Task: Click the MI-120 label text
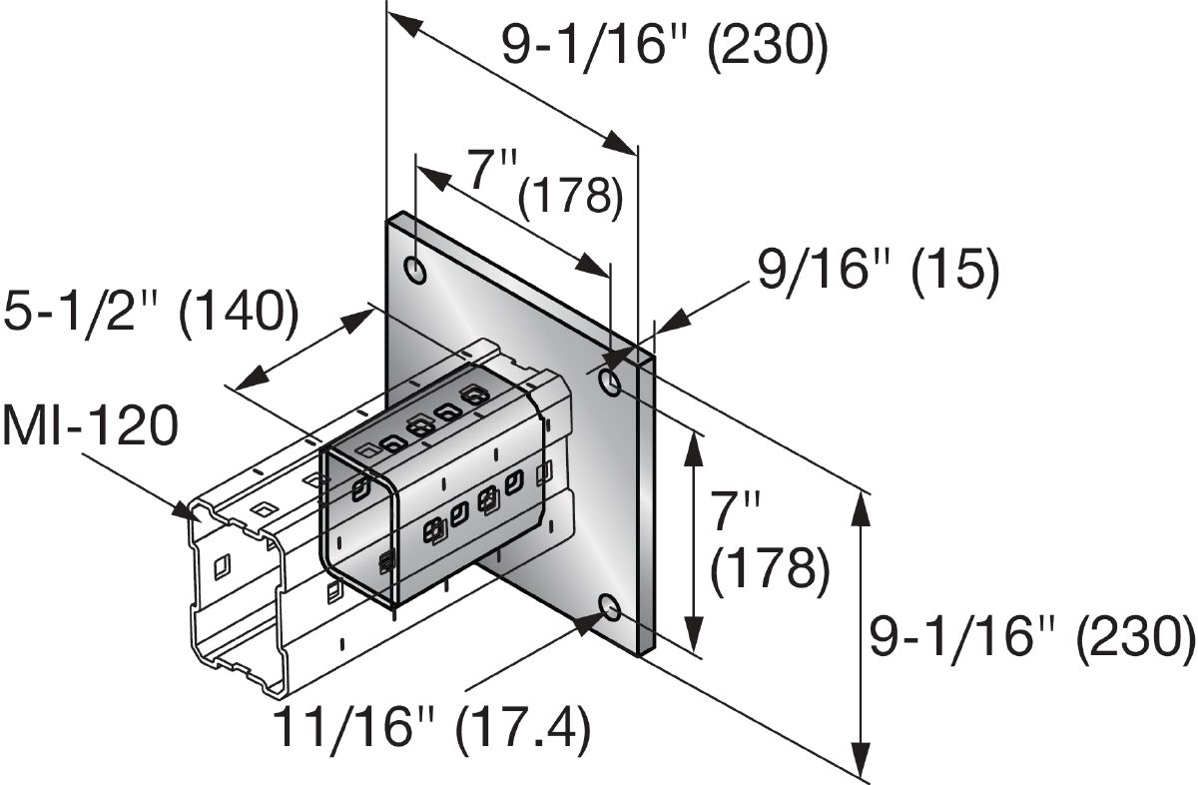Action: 90,427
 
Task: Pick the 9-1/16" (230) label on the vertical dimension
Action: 1031,637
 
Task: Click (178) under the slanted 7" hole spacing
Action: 571,195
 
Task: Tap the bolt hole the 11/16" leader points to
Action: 610,607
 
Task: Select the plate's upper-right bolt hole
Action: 610,381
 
